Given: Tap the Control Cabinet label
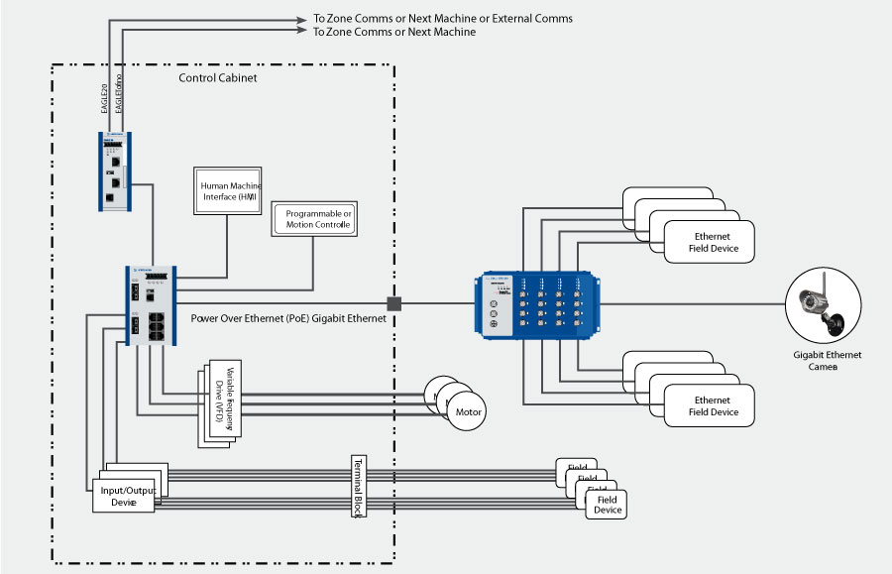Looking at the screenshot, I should (x=218, y=77).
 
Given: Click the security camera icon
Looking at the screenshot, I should (x=821, y=305).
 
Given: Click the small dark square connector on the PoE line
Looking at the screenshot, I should (x=393, y=302).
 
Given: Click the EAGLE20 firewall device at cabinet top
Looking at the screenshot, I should (x=115, y=171).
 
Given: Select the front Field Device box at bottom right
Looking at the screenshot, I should (x=607, y=505).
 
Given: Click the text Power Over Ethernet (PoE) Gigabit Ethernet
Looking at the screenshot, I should (x=287, y=319).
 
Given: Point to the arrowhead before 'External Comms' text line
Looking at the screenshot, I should (x=303, y=19).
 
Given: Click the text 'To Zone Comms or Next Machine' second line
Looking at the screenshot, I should (x=393, y=33).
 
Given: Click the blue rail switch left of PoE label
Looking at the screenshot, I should (x=151, y=305).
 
